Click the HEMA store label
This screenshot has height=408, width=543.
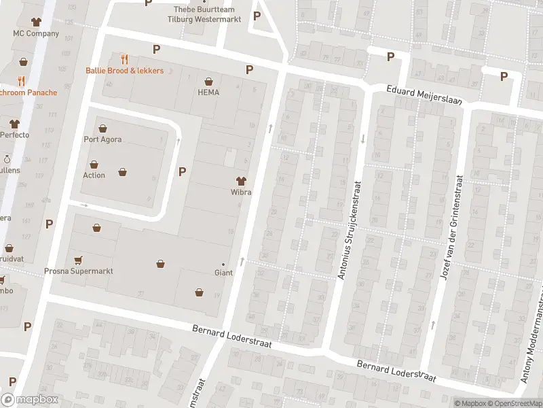pos(208,92)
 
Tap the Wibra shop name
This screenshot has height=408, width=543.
pos(241,192)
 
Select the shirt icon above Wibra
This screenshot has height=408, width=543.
pos(241,180)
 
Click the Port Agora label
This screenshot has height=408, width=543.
pos(102,140)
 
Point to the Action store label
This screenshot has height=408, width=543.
pos(94,175)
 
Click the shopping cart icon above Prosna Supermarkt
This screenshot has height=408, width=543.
pos(78,259)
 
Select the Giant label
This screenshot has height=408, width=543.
pos(223,273)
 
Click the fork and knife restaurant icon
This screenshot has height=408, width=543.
pos(124,59)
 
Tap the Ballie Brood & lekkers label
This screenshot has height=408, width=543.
pos(124,71)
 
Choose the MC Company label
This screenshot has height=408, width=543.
pos(36,33)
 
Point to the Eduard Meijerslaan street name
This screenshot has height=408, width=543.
pos(424,95)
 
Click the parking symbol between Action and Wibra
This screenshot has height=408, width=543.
pos(182,171)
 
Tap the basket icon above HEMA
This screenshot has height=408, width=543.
pos(208,80)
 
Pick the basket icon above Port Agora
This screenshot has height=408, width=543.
pos(102,128)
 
